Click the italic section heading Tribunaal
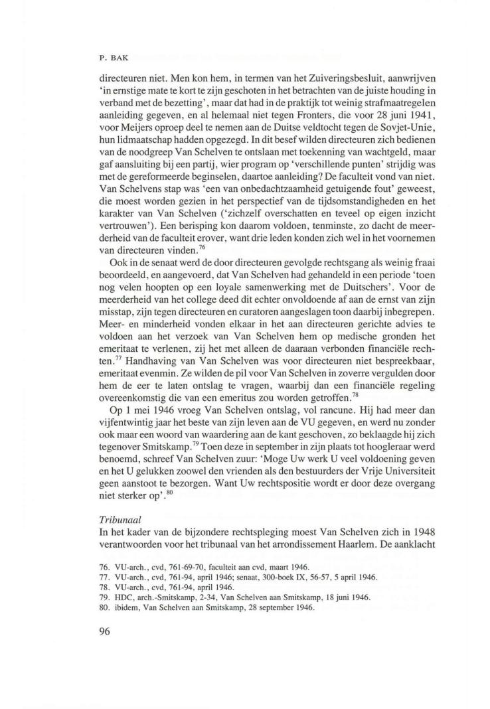[x=112, y=516]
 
